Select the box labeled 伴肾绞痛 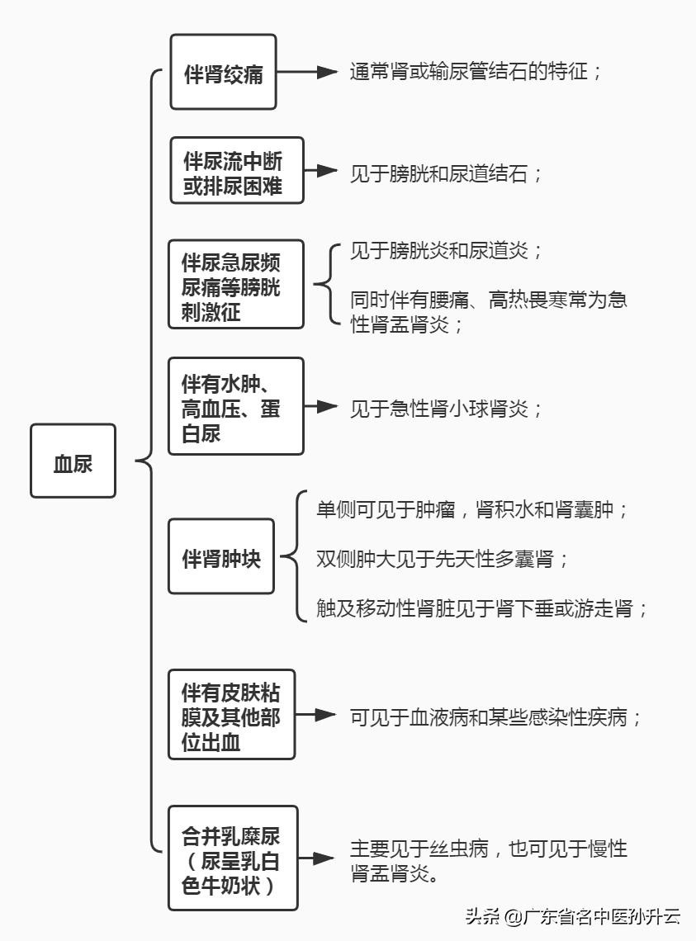[x=223, y=72]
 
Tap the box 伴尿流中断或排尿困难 [x=237, y=170]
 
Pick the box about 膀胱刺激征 [x=235, y=284]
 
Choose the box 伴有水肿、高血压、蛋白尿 [x=235, y=406]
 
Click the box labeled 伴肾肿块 [x=220, y=556]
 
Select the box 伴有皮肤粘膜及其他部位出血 [x=231, y=714]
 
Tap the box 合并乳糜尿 [x=232, y=858]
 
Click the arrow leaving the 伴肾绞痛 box [x=308, y=72]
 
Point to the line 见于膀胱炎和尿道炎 [x=446, y=251]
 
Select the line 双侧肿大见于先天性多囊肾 [x=443, y=559]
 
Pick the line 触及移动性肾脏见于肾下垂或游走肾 [x=482, y=610]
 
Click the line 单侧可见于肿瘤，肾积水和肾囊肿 [x=472, y=508]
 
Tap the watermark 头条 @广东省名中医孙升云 [x=572, y=916]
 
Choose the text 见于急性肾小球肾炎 [x=446, y=408]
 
